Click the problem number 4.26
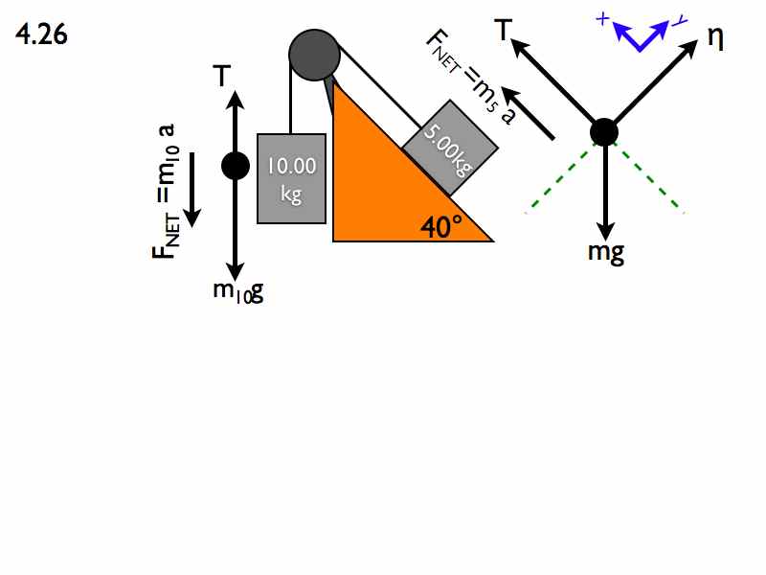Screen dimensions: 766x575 click(41, 34)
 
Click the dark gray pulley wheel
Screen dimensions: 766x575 click(314, 55)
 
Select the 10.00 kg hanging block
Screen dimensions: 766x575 click(292, 178)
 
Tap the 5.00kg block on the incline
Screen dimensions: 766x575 click(450, 148)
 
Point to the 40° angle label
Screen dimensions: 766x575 click(441, 227)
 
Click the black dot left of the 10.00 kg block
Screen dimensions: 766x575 click(236, 166)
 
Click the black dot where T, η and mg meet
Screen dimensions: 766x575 click(604, 132)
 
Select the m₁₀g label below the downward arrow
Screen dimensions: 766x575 click(238, 292)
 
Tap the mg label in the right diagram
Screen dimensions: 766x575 click(606, 253)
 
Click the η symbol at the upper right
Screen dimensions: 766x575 click(715, 38)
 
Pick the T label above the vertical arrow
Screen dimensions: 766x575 click(222, 76)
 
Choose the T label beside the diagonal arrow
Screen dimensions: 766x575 click(504, 30)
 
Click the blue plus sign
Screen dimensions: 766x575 click(603, 19)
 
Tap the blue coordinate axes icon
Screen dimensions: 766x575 click(641, 33)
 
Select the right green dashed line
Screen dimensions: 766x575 click(650, 178)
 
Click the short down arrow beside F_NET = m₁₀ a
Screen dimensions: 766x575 click(192, 190)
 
